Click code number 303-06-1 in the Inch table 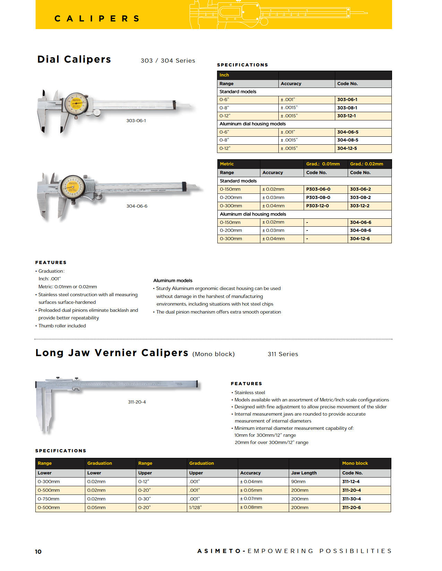tap(347, 100)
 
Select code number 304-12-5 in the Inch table tap(347, 148)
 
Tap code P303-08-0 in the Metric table tap(318, 198)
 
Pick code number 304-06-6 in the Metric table tap(360, 223)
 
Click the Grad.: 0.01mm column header tap(323, 164)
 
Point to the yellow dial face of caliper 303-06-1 tap(76, 103)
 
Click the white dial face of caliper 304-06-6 tap(72, 187)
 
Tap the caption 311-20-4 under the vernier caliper tap(137, 402)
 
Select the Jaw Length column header tap(304, 473)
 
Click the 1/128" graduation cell tap(195, 508)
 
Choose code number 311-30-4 tap(351, 499)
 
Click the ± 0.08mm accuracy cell tap(251, 508)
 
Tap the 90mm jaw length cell tap(298, 482)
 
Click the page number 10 tap(38, 552)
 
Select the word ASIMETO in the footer tap(219, 551)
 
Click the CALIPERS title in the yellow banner tap(97, 19)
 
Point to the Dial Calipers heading tap(74, 60)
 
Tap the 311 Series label tap(283, 354)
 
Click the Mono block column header tap(355, 463)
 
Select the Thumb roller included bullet tap(62, 326)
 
